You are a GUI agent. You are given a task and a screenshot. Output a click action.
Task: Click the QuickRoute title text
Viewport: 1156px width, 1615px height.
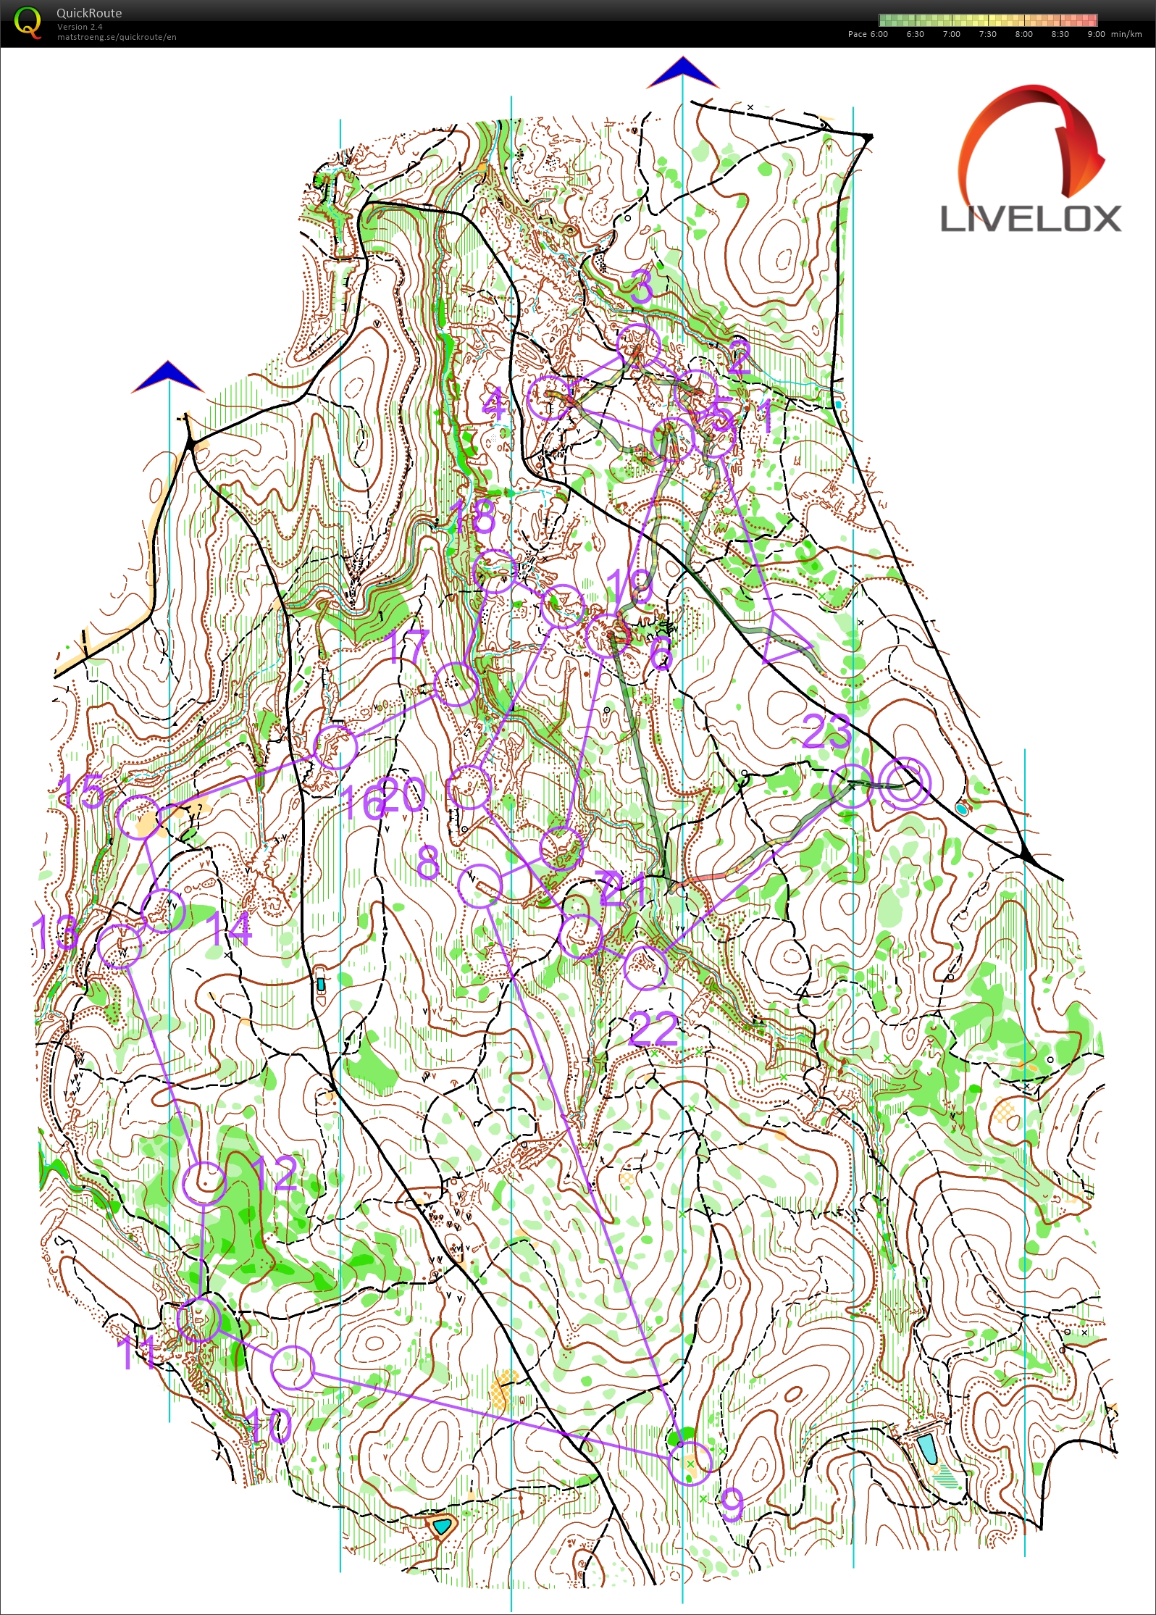89,13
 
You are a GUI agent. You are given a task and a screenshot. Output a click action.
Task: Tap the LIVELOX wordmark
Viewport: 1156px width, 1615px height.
1030,219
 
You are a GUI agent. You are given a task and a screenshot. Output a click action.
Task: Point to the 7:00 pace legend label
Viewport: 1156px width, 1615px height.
951,34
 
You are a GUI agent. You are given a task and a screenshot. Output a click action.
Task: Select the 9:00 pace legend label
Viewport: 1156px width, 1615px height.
1095,34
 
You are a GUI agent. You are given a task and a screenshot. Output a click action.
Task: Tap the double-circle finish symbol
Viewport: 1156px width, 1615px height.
904,783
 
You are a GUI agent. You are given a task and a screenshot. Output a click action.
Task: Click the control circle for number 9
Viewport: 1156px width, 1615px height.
690,1463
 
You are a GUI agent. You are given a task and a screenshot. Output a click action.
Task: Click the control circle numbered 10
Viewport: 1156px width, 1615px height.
293,1367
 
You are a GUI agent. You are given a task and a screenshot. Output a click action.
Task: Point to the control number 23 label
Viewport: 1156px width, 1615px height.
826,732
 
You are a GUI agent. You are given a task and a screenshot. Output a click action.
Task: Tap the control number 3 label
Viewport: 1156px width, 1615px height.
642,286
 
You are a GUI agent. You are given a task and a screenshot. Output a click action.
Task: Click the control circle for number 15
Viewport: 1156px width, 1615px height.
138,817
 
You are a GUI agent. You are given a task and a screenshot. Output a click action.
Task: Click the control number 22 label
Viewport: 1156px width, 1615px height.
654,1029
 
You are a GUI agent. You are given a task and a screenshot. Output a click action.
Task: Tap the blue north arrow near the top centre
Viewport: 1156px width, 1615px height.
682,72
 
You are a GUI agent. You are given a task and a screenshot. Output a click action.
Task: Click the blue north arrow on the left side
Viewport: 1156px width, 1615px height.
168,377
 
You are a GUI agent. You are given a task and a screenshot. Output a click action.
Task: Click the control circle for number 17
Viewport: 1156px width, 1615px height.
456,683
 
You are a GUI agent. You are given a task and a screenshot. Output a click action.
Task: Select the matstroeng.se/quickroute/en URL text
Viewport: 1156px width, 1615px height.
117,37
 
